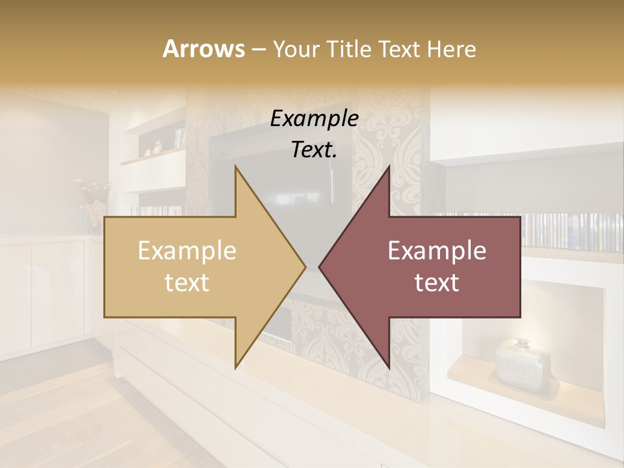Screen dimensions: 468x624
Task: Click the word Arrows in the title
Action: pos(203,49)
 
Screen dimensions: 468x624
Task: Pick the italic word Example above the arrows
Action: pos(314,118)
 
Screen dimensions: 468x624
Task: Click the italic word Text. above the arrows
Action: pos(314,149)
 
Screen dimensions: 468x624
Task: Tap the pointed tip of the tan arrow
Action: pos(305,266)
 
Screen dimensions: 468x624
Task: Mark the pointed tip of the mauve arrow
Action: pos(319,266)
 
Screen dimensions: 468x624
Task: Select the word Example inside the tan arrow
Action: pos(187,251)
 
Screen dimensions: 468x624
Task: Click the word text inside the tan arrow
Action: pos(187,283)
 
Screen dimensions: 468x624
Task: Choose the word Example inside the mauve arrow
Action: pos(437,251)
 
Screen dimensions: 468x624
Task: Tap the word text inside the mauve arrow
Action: pos(437,283)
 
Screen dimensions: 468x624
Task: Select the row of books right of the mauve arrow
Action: pos(572,231)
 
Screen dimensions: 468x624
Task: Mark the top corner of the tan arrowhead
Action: pos(235,166)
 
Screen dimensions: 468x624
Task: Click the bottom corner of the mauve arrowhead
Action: pos(389,368)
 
